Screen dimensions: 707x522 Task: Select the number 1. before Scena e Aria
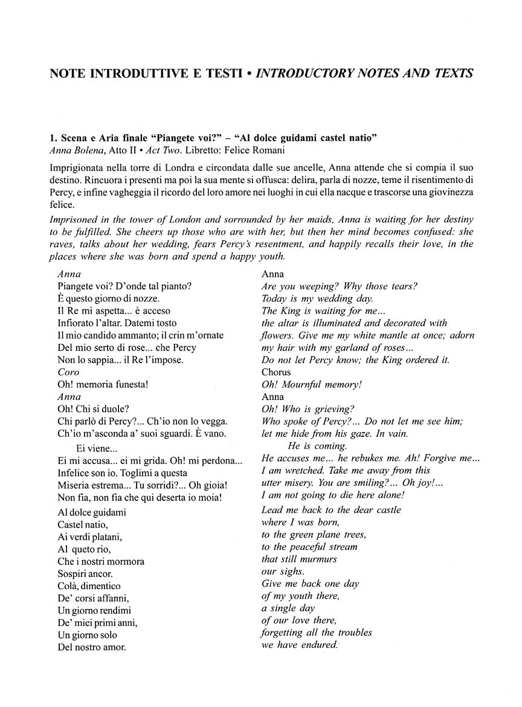(x=53, y=137)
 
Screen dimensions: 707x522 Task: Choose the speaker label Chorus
(x=276, y=372)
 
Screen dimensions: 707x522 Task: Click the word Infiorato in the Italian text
(x=77, y=323)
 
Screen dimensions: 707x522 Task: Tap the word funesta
(x=126, y=384)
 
